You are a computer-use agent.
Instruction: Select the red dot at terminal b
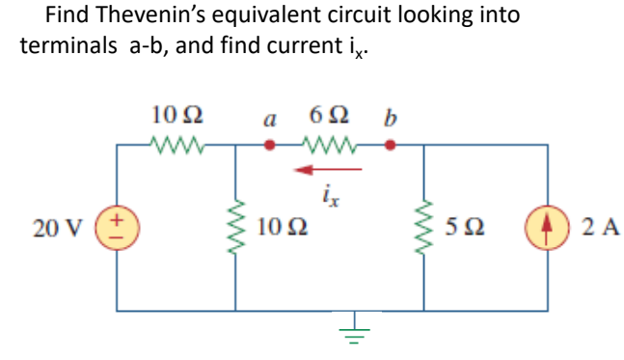[x=390, y=147]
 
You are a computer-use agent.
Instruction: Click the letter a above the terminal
[x=271, y=121]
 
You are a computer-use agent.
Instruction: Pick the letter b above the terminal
[x=390, y=118]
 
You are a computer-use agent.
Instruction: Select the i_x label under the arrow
[x=328, y=197]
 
